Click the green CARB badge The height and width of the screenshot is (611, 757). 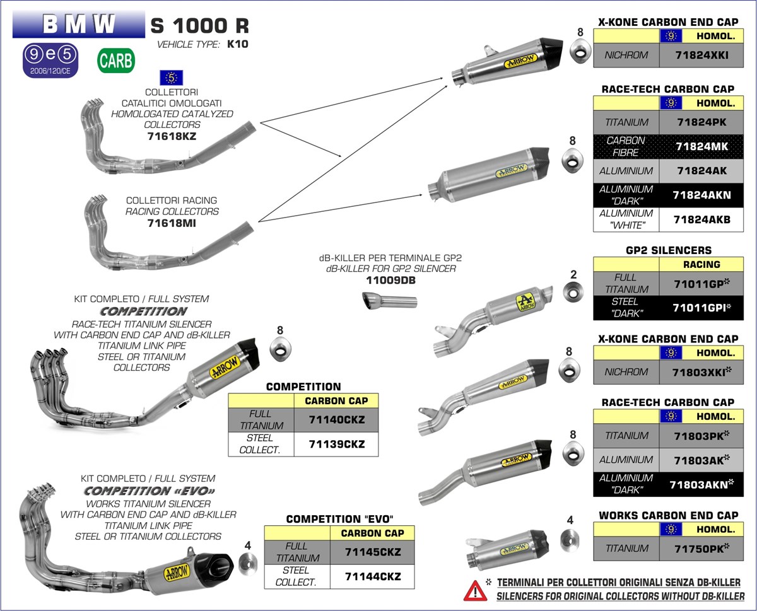click(x=115, y=61)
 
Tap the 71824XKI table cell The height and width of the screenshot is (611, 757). click(x=701, y=55)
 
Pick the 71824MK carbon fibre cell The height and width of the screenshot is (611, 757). click(x=701, y=146)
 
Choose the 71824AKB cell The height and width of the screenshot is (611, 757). click(x=701, y=219)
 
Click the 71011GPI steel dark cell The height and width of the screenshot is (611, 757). click(x=701, y=308)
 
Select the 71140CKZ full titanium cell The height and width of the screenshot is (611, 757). click(x=337, y=419)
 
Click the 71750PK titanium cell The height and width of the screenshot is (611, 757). click(x=701, y=549)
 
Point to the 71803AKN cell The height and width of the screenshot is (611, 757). click(x=701, y=484)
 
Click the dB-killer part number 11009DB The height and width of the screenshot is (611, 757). click(x=391, y=280)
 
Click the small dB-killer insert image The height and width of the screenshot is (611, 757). click(x=391, y=301)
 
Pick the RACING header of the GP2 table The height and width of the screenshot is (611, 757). click(x=701, y=264)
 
